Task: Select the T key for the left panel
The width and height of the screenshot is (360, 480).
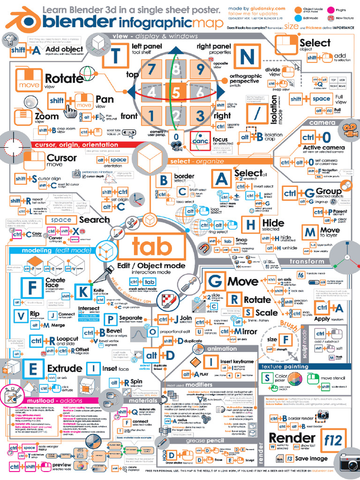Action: pyautogui.click(x=116, y=57)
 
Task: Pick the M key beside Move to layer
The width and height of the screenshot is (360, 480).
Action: pyautogui.click(x=310, y=232)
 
